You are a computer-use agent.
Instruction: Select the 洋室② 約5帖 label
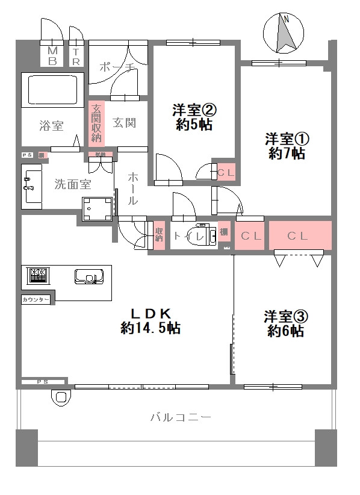pos(193,117)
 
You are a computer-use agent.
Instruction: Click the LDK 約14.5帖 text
pos(151,321)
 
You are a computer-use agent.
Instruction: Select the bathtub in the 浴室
pos(52,90)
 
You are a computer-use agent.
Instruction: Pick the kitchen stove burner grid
pos(39,276)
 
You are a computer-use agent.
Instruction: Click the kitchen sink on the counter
pos(88,277)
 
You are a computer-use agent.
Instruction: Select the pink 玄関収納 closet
pos(96,123)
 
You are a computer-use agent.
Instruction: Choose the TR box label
pos(76,56)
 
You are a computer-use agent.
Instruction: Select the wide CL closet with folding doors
pos(300,236)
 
